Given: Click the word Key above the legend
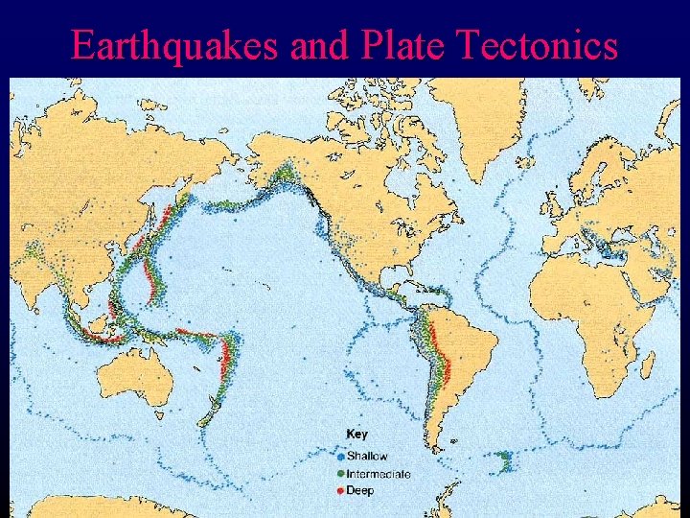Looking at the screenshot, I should [356, 435].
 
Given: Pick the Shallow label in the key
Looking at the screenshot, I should [368, 456].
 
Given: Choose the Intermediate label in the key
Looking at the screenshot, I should [379, 474].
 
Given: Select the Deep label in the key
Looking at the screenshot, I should [361, 490].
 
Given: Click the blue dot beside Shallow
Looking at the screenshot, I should [341, 456].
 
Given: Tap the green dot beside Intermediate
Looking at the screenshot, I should [341, 474].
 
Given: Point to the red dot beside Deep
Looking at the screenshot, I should [341, 490].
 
